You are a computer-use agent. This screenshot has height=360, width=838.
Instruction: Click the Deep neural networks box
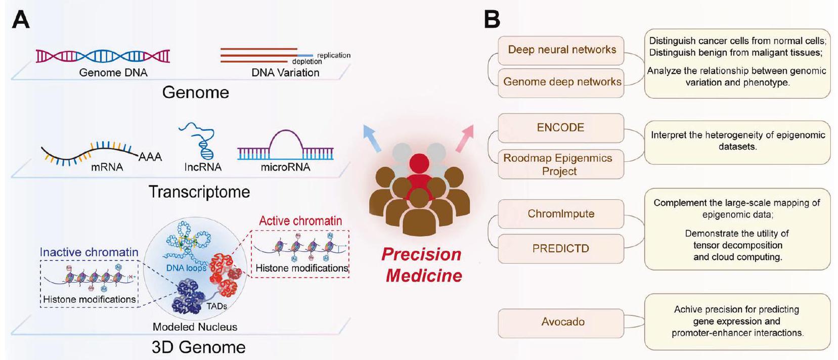[x=561, y=50]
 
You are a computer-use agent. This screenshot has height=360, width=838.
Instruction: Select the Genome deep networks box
[x=561, y=82]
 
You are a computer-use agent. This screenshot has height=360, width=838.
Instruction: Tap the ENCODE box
[x=560, y=127]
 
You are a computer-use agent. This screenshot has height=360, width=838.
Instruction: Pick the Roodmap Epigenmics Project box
[x=560, y=164]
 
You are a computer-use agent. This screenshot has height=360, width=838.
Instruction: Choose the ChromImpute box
[x=560, y=214]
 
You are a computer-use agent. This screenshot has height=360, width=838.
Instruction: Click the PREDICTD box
[x=560, y=248]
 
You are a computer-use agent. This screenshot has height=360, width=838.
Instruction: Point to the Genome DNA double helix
[x=103, y=56]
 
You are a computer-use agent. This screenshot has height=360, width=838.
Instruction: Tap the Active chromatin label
[x=300, y=221]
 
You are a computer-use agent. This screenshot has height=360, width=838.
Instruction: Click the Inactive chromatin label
[x=89, y=252]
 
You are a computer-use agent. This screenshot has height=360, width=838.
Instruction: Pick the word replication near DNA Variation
[x=334, y=55]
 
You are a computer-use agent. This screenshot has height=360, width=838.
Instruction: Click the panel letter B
[x=492, y=20]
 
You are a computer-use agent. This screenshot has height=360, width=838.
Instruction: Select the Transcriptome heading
[x=199, y=192]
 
